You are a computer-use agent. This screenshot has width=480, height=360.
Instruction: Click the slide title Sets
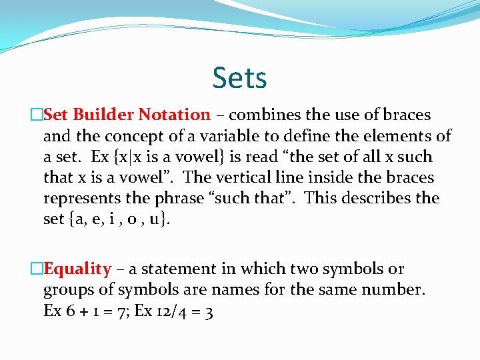tap(240, 78)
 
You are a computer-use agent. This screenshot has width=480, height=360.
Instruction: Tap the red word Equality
tap(77, 269)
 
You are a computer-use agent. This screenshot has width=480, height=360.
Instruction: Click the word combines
tap(257, 115)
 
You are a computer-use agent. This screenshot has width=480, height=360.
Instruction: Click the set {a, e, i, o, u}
tap(117, 219)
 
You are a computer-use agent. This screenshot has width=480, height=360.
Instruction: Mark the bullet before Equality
tap(37, 269)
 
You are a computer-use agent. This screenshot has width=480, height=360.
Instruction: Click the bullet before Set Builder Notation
tap(37, 115)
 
